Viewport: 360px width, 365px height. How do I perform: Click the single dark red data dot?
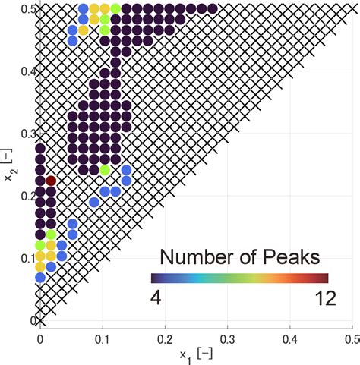(51, 181)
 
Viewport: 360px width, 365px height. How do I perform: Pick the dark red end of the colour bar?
(325, 278)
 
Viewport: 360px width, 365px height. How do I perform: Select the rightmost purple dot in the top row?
(212, 9)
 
